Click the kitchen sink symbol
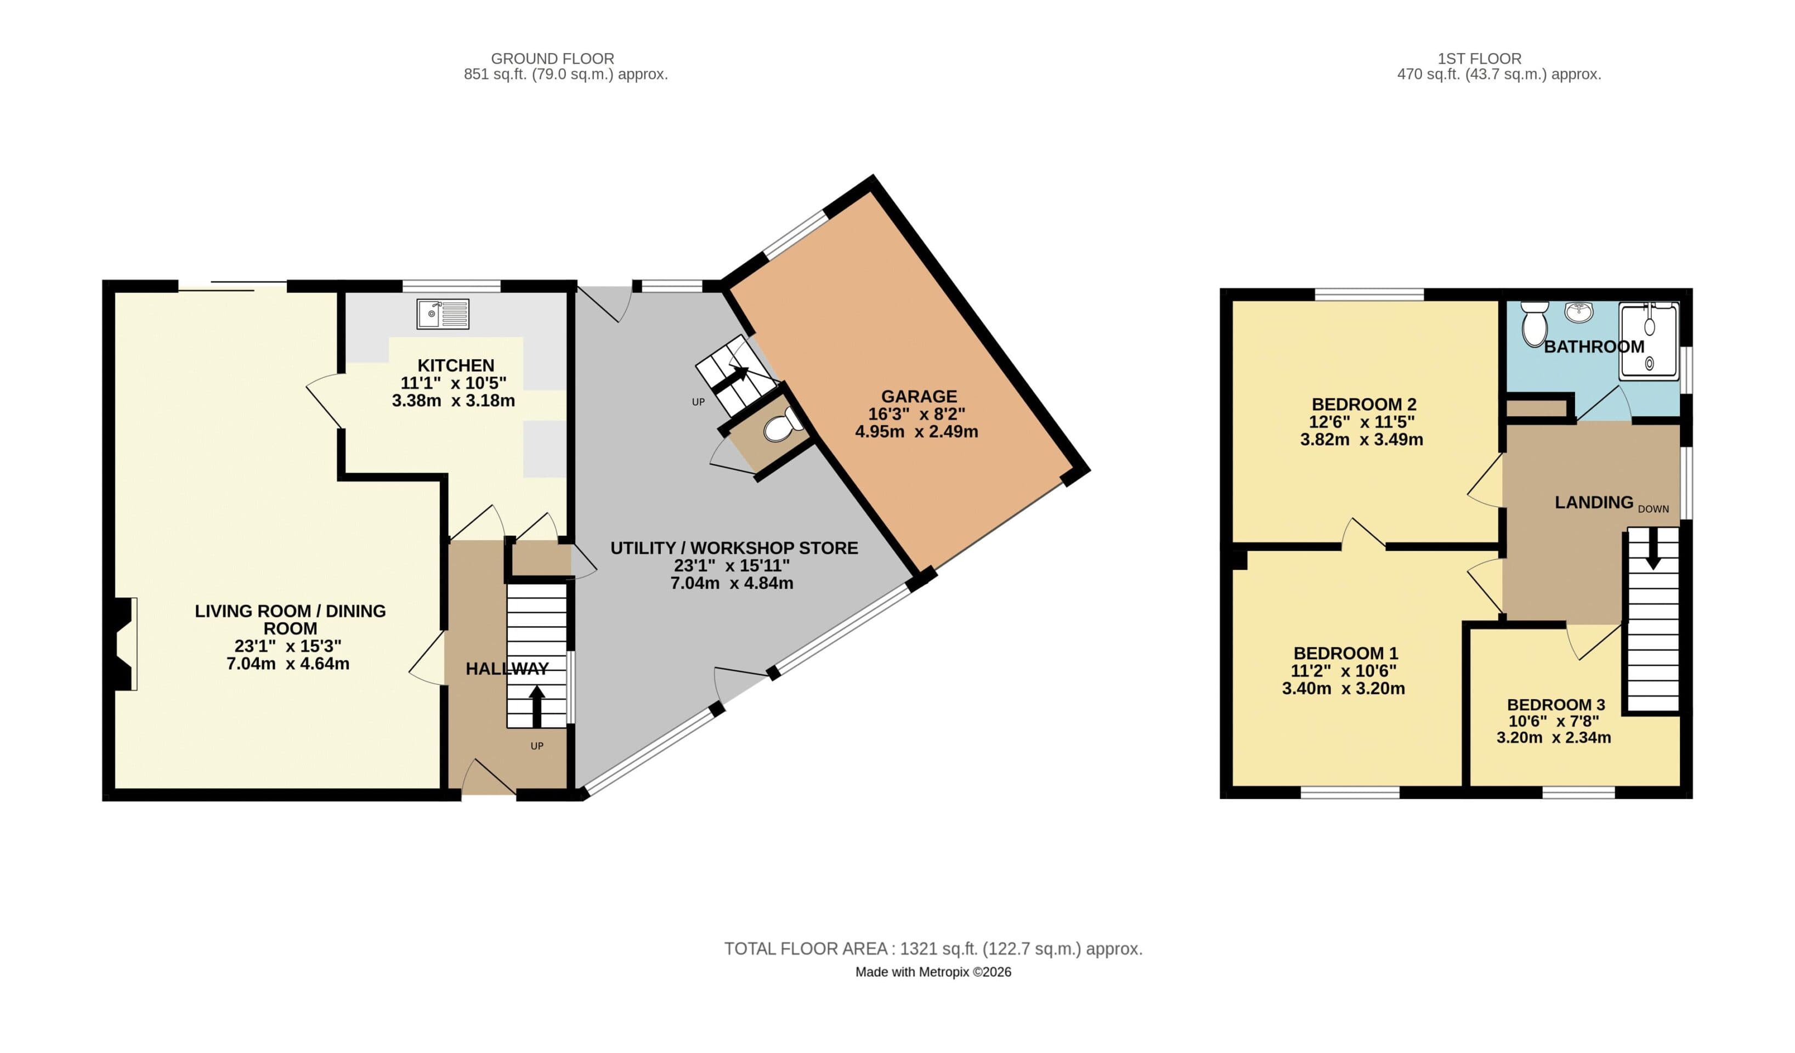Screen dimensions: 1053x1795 pyautogui.click(x=443, y=314)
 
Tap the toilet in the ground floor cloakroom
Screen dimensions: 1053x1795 pyautogui.click(x=779, y=427)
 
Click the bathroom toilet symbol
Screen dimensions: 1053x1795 pyautogui.click(x=1533, y=324)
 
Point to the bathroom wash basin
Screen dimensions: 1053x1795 pyautogui.click(x=1579, y=312)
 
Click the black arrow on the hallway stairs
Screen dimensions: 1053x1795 pyautogui.click(x=536, y=705)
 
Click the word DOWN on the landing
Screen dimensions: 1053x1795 pyautogui.click(x=1654, y=509)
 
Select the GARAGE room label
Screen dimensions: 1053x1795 pyautogui.click(x=919, y=396)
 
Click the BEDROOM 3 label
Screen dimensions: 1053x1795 pyautogui.click(x=1556, y=705)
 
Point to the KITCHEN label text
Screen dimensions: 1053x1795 pyautogui.click(x=456, y=365)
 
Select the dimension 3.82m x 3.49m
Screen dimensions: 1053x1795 pyautogui.click(x=1361, y=440)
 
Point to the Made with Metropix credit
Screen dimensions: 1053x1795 pyautogui.click(x=933, y=972)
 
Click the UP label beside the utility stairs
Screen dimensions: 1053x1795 pyautogui.click(x=698, y=402)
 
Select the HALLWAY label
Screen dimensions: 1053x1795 pyautogui.click(x=507, y=669)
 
